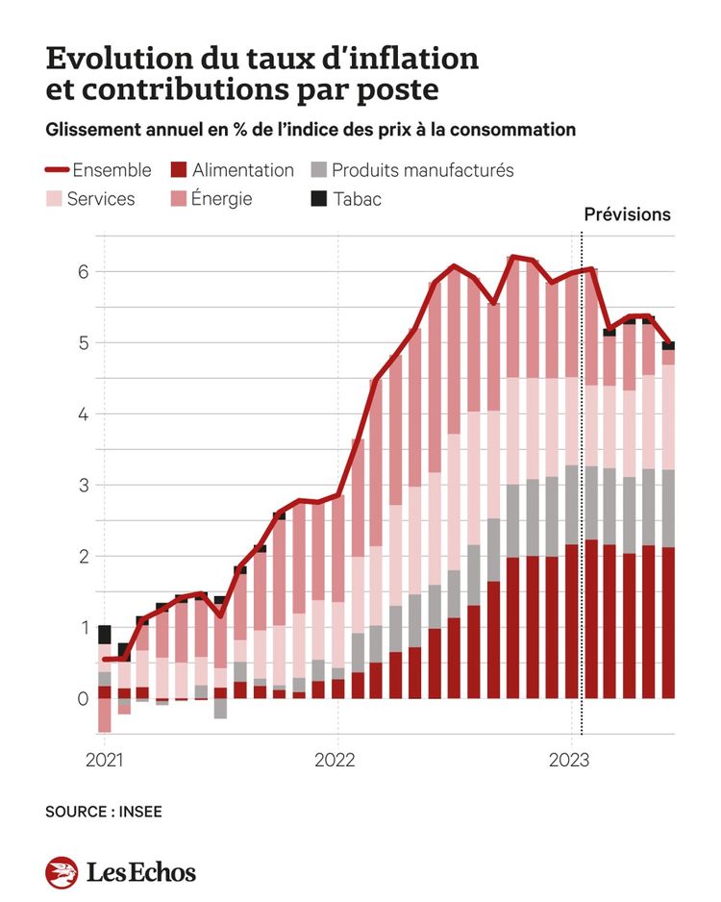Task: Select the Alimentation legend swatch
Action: click(x=178, y=170)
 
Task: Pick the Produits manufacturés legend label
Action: click(x=422, y=170)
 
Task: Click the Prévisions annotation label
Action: click(x=627, y=214)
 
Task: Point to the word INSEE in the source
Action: click(x=140, y=812)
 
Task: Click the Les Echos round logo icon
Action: click(x=62, y=872)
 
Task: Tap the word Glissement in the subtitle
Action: click(x=87, y=129)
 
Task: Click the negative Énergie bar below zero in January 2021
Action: click(x=104, y=715)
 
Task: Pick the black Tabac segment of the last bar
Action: click(x=668, y=345)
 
